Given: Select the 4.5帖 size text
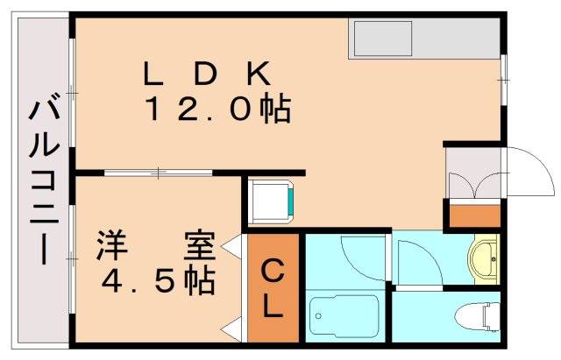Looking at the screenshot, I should click(159, 279).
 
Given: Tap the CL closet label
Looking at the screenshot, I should click(273, 290).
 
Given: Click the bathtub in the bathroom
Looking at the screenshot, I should click(344, 317).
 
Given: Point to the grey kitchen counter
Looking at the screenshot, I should click(425, 39).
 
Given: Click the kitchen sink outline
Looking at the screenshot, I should click(382, 39).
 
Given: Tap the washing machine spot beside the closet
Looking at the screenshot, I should click(271, 202).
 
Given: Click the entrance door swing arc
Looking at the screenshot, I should click(531, 172).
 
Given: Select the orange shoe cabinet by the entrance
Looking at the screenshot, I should click(473, 214).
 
